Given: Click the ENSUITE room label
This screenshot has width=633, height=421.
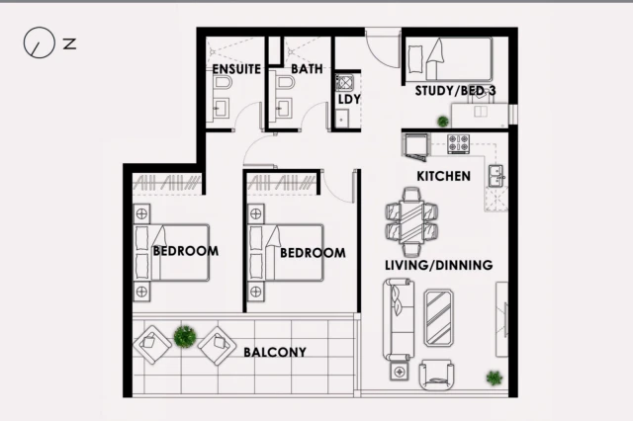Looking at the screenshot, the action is click(x=236, y=69).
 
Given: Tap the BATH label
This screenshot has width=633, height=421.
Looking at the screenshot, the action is click(x=307, y=69).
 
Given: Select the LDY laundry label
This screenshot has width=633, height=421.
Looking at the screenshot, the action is click(x=349, y=99).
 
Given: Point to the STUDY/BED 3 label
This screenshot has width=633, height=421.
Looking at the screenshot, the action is click(x=455, y=91).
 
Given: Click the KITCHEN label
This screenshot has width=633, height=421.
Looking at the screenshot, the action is click(x=443, y=176).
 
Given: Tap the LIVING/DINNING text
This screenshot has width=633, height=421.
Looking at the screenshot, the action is click(x=439, y=265).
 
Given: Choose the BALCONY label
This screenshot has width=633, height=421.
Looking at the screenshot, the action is click(x=275, y=352).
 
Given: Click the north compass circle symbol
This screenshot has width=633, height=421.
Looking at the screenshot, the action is click(x=39, y=28).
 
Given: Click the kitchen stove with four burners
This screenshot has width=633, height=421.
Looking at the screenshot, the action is click(x=459, y=143).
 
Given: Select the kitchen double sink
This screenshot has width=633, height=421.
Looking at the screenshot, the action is click(x=496, y=176).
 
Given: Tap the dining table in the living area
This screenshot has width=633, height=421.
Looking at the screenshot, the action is click(x=411, y=221).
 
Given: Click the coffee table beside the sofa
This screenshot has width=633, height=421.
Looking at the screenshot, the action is click(x=438, y=318).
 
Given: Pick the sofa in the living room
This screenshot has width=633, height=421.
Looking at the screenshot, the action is click(x=398, y=319).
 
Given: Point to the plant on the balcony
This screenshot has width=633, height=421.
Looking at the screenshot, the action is click(x=185, y=337).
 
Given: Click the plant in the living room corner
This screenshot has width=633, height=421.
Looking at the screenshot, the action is click(x=495, y=378).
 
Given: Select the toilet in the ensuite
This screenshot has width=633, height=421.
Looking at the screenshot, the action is click(x=223, y=83).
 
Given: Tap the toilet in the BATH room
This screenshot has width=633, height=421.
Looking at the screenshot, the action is click(x=286, y=83).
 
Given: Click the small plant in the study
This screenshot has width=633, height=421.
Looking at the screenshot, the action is click(x=443, y=121).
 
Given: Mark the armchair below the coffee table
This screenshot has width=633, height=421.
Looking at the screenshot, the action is click(x=436, y=376).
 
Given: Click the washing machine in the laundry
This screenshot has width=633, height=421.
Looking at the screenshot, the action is click(x=344, y=83).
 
